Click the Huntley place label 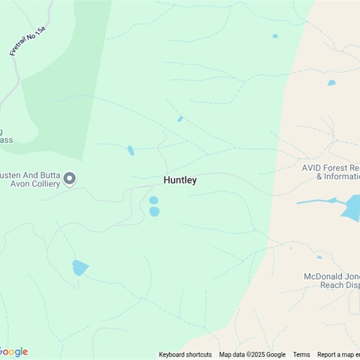pyautogui.click(x=180, y=180)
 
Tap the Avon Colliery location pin pyautogui.click(x=69, y=179)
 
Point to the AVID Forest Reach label pyautogui.click(x=331, y=172)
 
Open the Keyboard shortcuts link pyautogui.click(x=185, y=355)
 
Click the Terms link pyautogui.click(x=301, y=355)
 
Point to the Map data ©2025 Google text pyautogui.click(x=252, y=355)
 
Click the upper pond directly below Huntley pyautogui.click(x=153, y=200)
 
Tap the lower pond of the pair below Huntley pyautogui.click(x=154, y=211)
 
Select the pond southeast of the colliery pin pyautogui.click(x=80, y=267)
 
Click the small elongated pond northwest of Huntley pyautogui.click(x=130, y=150)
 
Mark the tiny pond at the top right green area pyautogui.click(x=275, y=36)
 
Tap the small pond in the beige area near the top pyautogui.click(x=332, y=83)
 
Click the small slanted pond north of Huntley pyautogui.click(x=180, y=119)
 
